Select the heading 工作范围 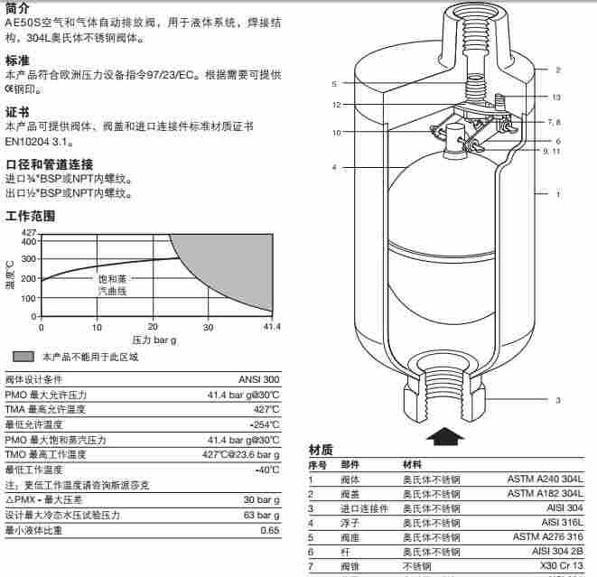[x=30, y=217]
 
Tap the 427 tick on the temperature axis [x=28, y=234]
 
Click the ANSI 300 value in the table [x=257, y=379]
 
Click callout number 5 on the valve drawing [x=334, y=84]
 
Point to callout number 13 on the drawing [x=556, y=97]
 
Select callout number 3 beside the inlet [x=557, y=400]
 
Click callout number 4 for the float [x=334, y=167]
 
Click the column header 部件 [x=350, y=464]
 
